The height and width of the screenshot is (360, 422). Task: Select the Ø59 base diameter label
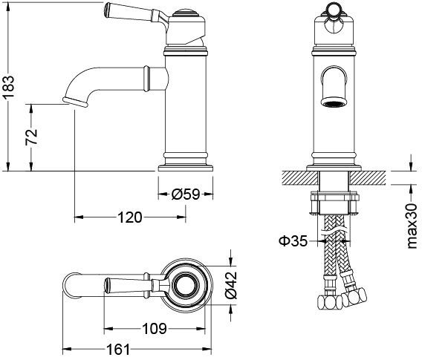[186, 194]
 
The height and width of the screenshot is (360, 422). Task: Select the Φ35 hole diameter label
[293, 240]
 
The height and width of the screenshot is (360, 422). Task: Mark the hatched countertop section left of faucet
[296, 177]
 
